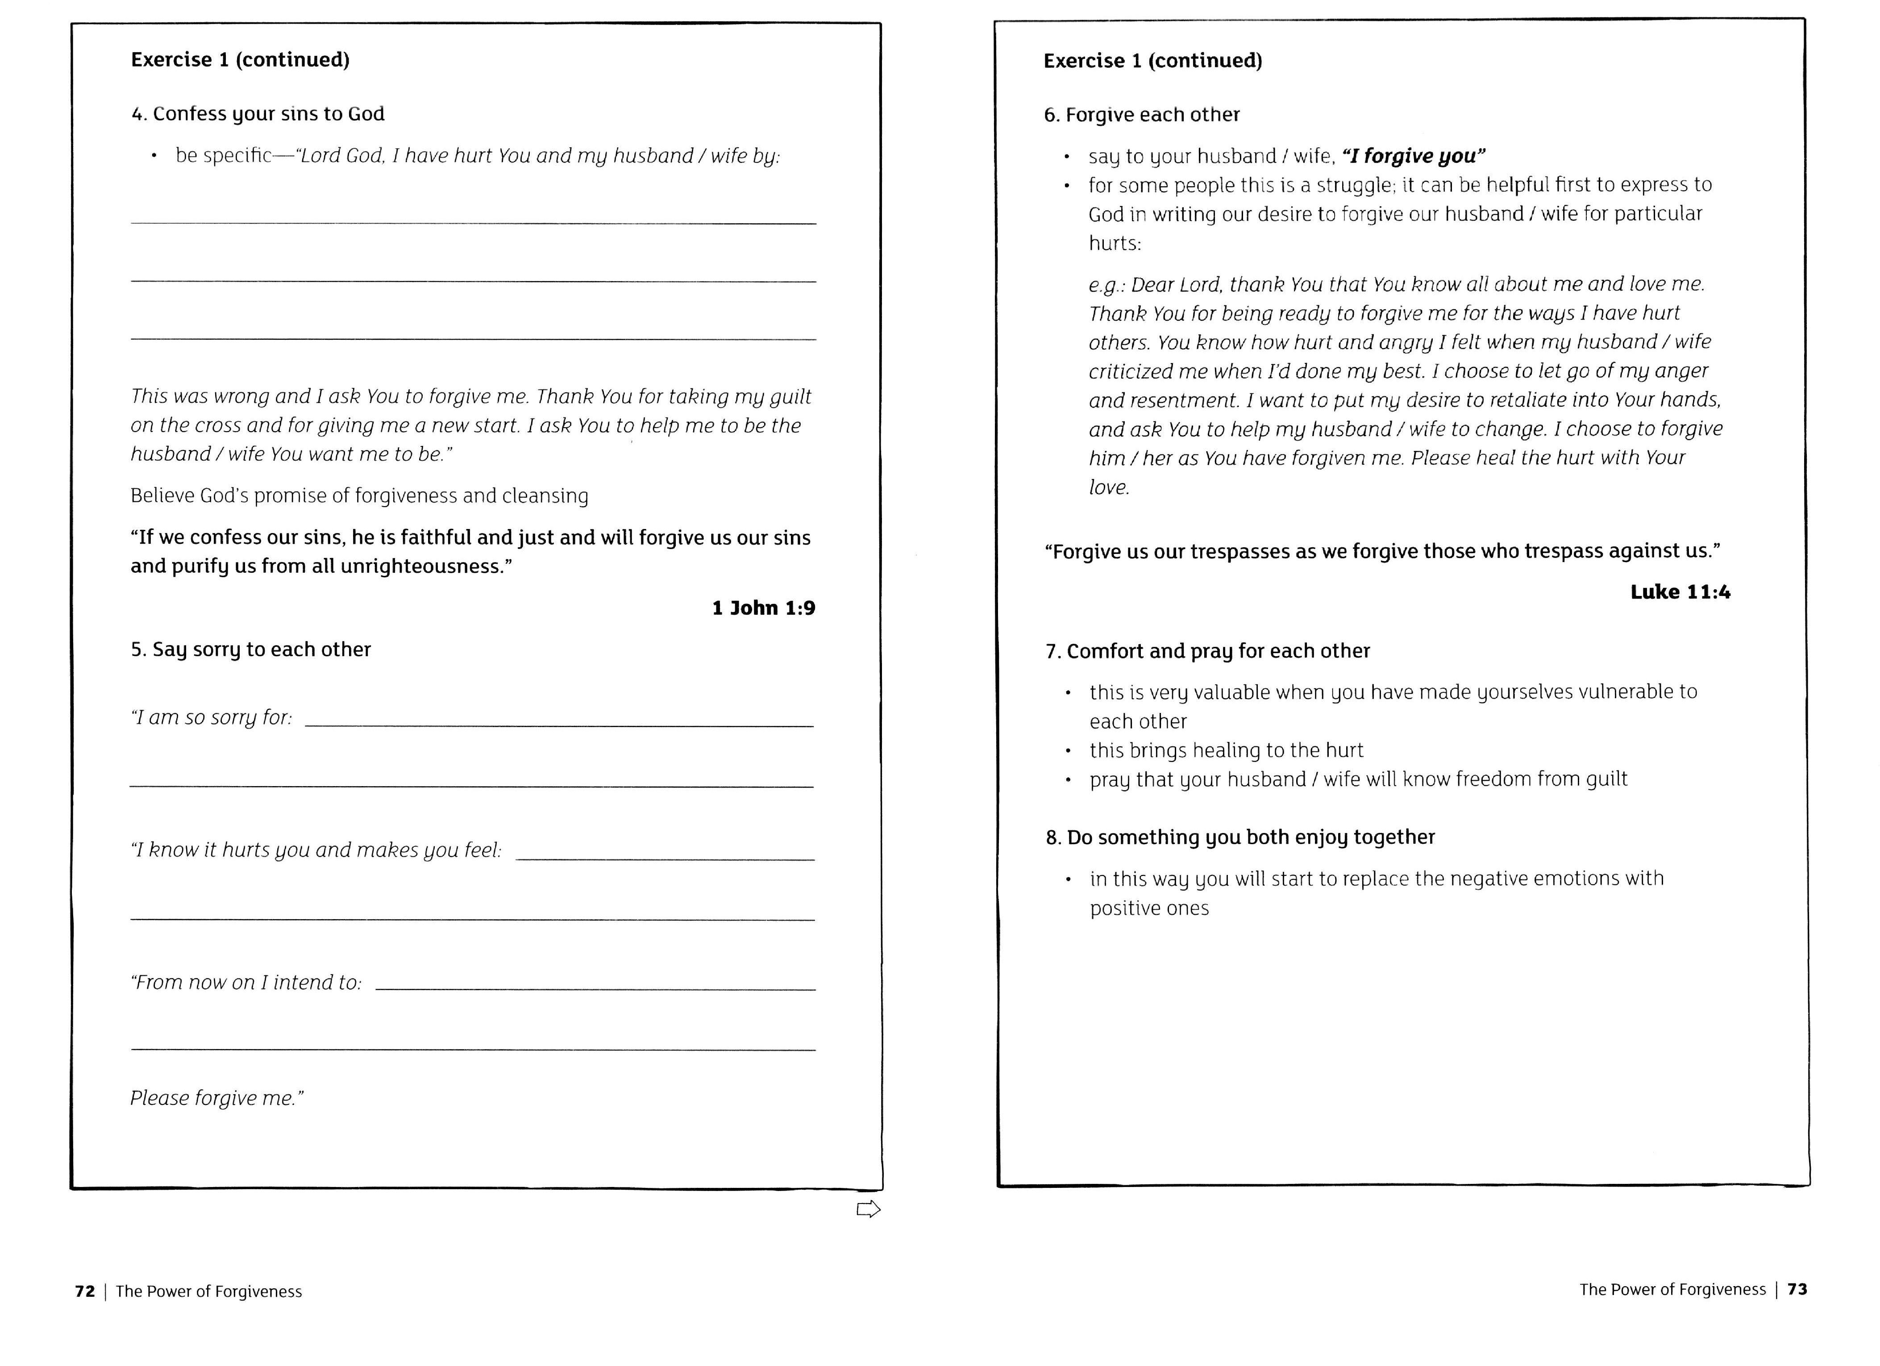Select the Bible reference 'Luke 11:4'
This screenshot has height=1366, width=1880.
(x=1680, y=592)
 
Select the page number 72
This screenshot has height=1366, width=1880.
(x=84, y=1291)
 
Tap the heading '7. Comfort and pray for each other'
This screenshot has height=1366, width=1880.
(x=1207, y=651)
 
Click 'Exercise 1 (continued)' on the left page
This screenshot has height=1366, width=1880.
(x=241, y=60)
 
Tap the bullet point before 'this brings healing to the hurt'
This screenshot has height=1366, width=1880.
(x=1069, y=751)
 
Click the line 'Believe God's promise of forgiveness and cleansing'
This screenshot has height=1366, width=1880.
(x=359, y=496)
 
